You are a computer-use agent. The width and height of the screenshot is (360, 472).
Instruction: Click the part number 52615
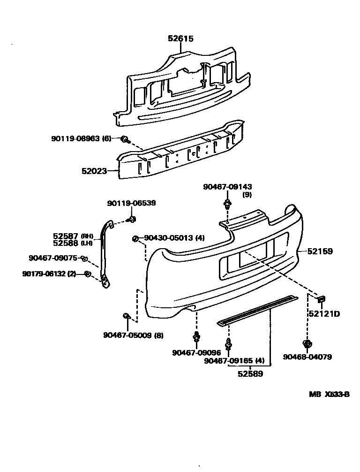[x=180, y=39]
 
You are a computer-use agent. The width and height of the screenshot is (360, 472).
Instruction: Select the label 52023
[x=94, y=172]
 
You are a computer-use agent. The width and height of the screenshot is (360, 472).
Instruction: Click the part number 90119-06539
[x=131, y=203]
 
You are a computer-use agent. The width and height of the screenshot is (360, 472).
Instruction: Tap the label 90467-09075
[x=53, y=258]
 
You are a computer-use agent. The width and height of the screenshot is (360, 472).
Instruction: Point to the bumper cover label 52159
[x=320, y=251]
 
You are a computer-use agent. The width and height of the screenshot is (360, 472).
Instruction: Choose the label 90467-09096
[x=196, y=353]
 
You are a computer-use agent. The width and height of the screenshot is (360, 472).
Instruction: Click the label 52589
[x=250, y=374]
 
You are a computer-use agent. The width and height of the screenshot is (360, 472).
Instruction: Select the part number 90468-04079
[x=307, y=357]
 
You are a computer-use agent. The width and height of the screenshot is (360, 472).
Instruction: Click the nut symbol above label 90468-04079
[x=307, y=345]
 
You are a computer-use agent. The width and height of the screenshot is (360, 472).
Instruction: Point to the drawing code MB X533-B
[x=329, y=395]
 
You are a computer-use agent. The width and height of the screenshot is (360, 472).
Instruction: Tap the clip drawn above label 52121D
[x=322, y=299]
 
